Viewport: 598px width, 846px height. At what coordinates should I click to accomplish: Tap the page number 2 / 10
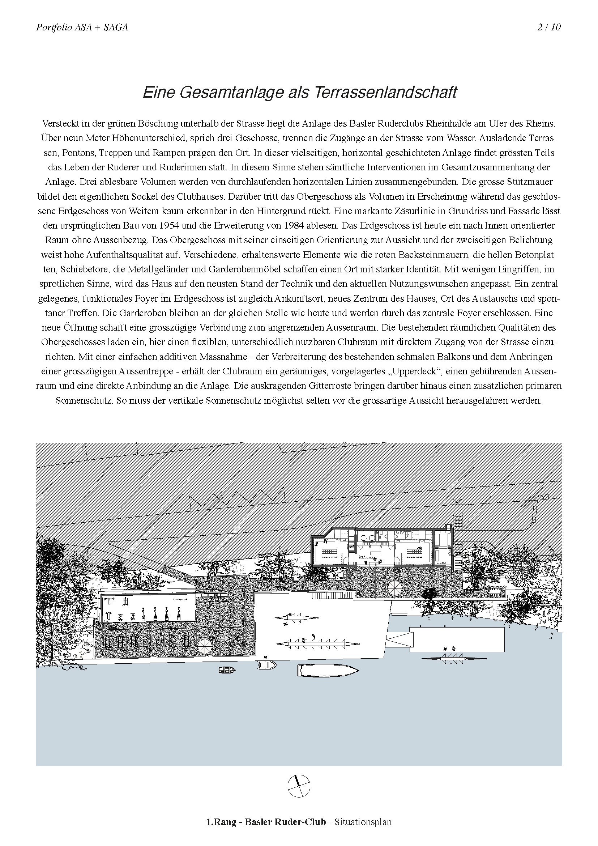(549, 27)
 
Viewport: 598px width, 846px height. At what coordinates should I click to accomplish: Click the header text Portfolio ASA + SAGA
(82, 27)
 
